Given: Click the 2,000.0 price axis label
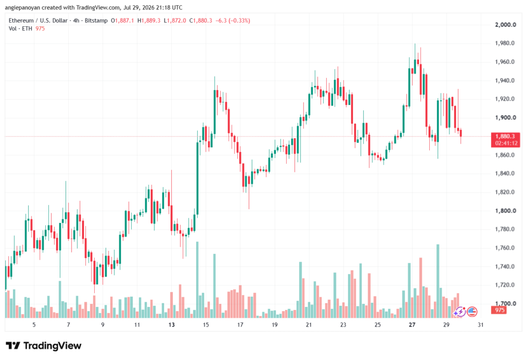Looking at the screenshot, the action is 505,25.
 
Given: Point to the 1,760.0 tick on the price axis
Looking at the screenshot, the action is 505,248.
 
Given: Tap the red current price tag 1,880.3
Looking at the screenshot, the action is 505,136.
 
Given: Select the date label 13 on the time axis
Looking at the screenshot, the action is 171,324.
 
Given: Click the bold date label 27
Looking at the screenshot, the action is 412,324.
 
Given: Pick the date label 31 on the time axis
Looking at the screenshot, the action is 481,324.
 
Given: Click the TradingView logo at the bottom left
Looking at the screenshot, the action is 44,346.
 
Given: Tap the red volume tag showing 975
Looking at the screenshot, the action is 499,310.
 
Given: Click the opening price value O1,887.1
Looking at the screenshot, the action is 122,21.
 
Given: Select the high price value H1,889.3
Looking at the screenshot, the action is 149,21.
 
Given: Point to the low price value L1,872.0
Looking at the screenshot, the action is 175,21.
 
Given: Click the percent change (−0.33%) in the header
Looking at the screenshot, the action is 239,21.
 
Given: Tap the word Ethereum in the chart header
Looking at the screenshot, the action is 21,21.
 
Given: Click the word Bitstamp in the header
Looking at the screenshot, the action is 96,21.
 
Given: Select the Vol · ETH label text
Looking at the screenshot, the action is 21,29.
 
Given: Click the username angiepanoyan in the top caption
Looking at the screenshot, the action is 23,7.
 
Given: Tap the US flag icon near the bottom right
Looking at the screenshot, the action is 472,312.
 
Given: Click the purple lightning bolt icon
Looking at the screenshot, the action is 460,312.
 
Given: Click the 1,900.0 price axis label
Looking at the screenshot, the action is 505,118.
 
